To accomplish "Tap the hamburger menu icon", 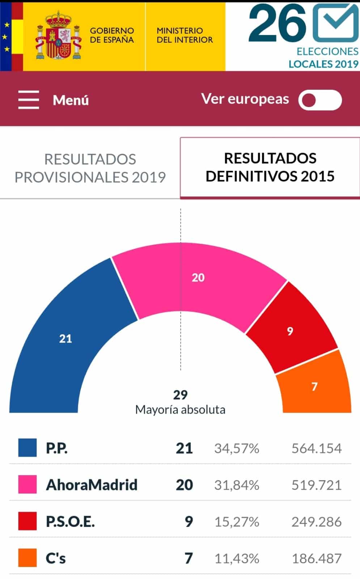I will [x=29, y=100].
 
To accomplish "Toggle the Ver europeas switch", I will [x=320, y=100].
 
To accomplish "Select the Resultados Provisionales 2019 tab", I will [x=90, y=168].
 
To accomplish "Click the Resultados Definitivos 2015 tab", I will [x=270, y=168].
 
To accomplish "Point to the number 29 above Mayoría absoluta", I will [x=180, y=395].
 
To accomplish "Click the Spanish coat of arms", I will [x=58, y=36].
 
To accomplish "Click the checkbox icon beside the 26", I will [x=335, y=23].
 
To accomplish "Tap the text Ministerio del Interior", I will [x=185, y=35].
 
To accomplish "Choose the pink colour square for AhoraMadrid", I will [x=27, y=485].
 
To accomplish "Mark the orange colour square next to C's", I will [x=27, y=558].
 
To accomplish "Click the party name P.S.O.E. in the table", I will [x=70, y=521].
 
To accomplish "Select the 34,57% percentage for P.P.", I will [x=237, y=448].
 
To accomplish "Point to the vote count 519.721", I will [x=317, y=485].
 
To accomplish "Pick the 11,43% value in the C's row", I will [x=237, y=558].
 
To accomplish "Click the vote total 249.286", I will [x=317, y=522].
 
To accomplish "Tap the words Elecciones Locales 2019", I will [x=324, y=58].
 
